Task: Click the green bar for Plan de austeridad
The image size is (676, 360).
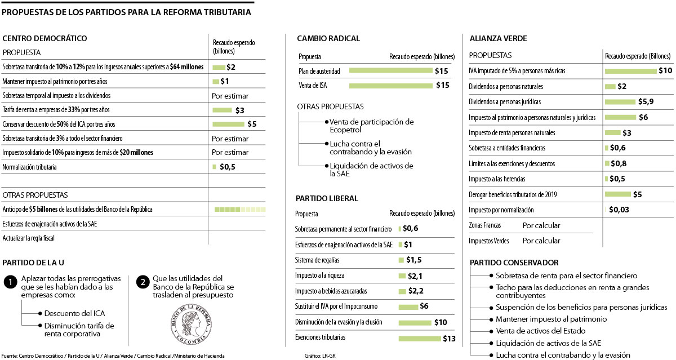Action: tap(390, 71)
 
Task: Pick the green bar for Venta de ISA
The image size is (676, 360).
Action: tap(390, 86)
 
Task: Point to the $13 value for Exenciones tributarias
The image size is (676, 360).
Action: tap(449, 339)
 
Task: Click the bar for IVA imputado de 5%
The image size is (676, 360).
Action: tap(630, 71)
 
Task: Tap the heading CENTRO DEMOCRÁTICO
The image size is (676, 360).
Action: tap(45, 38)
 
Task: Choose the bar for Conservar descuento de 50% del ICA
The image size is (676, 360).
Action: tap(228, 124)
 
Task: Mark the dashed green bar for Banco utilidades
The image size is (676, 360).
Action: tap(240, 210)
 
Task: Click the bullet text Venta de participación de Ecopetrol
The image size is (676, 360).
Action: tap(371, 126)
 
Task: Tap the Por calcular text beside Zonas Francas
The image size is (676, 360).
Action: tap(541, 225)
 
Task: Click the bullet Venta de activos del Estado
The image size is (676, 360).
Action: tap(540, 331)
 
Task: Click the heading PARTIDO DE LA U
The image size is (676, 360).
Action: tap(34, 263)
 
